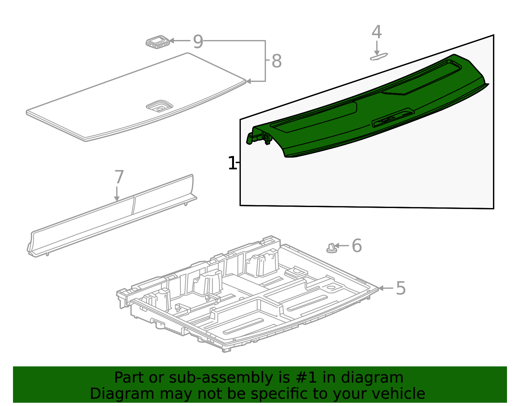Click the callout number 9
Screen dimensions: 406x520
click(198, 42)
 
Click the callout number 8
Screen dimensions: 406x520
click(276, 61)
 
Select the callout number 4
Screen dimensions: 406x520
click(376, 32)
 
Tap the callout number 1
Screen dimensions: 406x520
click(232, 163)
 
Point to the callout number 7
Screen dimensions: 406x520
click(119, 177)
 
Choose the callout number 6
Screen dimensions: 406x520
click(357, 246)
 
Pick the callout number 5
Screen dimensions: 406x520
click(401, 288)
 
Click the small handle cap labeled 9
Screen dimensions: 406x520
click(158, 42)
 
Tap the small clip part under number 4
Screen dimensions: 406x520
click(379, 57)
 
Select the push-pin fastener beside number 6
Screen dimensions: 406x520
click(331, 249)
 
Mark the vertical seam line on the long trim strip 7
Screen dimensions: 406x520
click(133, 205)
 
